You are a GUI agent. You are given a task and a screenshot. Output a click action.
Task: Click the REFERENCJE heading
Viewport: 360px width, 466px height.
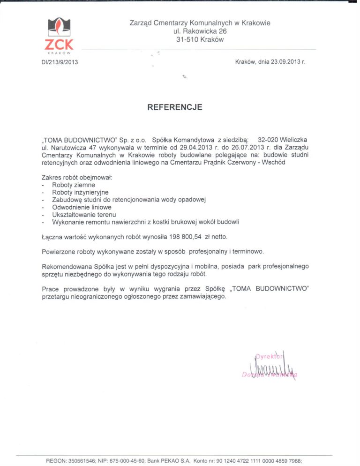(175, 107)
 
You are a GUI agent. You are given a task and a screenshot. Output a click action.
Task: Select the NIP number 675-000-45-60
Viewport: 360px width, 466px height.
(125, 461)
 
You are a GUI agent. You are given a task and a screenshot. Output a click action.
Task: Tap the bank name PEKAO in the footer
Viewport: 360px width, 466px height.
(171, 461)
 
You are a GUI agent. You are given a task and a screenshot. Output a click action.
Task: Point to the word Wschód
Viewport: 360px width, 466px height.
(274, 162)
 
